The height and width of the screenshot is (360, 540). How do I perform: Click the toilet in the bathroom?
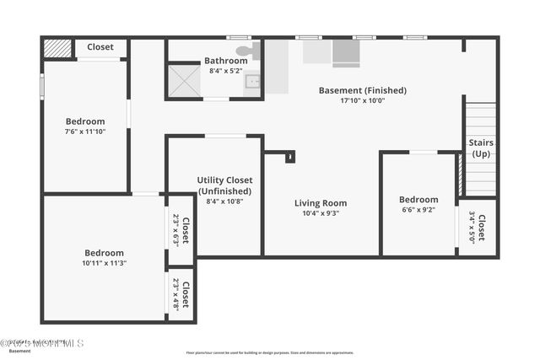coord(246,51)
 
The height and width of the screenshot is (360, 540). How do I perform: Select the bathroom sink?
coord(252,83)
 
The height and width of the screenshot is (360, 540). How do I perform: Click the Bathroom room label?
coord(225,61)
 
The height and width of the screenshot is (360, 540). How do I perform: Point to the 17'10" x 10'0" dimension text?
coord(362,100)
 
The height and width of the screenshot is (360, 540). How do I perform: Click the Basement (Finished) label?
coord(362,90)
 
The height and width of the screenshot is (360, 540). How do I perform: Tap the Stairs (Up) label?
coord(481,148)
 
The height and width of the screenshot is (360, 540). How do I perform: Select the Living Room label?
coord(321,203)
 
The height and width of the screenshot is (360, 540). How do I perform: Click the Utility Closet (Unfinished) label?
coord(224,185)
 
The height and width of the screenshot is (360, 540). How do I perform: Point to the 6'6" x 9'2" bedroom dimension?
coord(418,210)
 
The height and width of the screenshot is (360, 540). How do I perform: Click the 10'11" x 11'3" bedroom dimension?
coord(105,263)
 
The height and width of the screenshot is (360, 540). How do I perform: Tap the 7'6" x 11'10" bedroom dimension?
coord(85,132)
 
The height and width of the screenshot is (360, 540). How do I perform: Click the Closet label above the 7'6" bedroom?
coord(100,47)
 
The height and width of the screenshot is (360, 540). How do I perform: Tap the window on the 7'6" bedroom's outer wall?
coord(42,87)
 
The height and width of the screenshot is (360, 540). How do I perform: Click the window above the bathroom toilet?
coord(239,37)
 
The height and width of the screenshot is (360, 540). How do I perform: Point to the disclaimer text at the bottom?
coord(270,352)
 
